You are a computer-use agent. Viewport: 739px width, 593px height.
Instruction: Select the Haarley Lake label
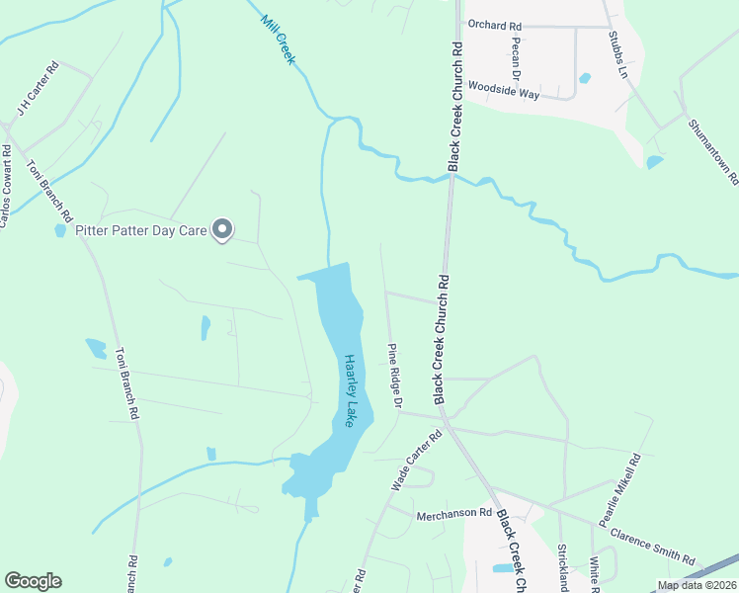tap(349, 390)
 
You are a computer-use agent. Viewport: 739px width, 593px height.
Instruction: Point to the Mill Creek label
tap(279, 41)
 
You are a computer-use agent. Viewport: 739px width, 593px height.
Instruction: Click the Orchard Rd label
tap(495, 26)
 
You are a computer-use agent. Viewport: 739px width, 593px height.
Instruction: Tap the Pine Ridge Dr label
tap(396, 377)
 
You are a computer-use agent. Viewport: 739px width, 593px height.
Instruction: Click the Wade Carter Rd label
tap(416, 460)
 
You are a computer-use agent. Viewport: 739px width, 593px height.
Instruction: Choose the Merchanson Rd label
tap(453, 514)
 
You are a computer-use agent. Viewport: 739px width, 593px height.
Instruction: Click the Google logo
tap(33, 581)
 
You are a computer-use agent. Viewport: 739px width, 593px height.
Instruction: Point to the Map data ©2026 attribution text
tap(696, 585)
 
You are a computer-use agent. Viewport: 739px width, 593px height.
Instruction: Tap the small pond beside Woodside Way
tap(585, 78)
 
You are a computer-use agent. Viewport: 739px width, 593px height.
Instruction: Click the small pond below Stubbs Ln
tap(653, 162)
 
